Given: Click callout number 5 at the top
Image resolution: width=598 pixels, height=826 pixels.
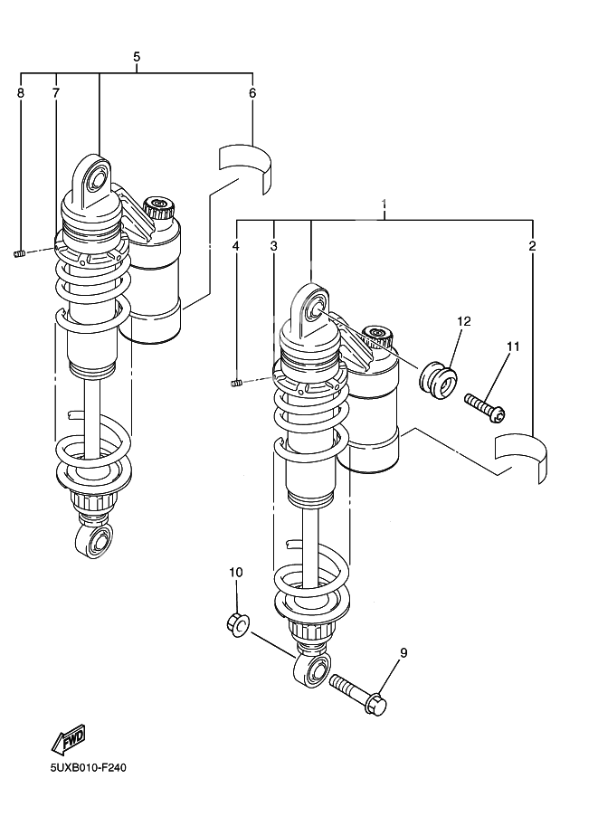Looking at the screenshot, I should coord(137,57).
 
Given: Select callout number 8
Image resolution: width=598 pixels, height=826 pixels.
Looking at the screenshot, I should coord(20,93).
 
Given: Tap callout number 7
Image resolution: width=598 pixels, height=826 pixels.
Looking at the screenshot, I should coord(55,93).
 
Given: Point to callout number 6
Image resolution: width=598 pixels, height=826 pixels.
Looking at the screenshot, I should coord(252,93).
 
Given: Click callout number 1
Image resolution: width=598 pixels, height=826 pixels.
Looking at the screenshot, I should coord(384,204).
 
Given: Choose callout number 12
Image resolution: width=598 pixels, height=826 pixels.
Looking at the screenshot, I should coord(463,321).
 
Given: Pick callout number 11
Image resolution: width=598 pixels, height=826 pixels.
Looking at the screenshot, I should coord(513,347).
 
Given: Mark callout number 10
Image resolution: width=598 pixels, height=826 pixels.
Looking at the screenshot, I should coord(235,572).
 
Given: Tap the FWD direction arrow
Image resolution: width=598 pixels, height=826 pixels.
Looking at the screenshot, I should coord(69,739).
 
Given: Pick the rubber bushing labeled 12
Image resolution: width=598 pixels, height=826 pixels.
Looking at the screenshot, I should coord(439,377).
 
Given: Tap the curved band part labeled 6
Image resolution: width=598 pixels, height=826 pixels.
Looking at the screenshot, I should coord(245,164).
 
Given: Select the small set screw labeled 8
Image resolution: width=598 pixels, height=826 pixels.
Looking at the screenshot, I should coord(19,254).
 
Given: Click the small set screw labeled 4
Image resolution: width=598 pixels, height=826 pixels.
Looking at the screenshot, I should coord(235,385).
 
